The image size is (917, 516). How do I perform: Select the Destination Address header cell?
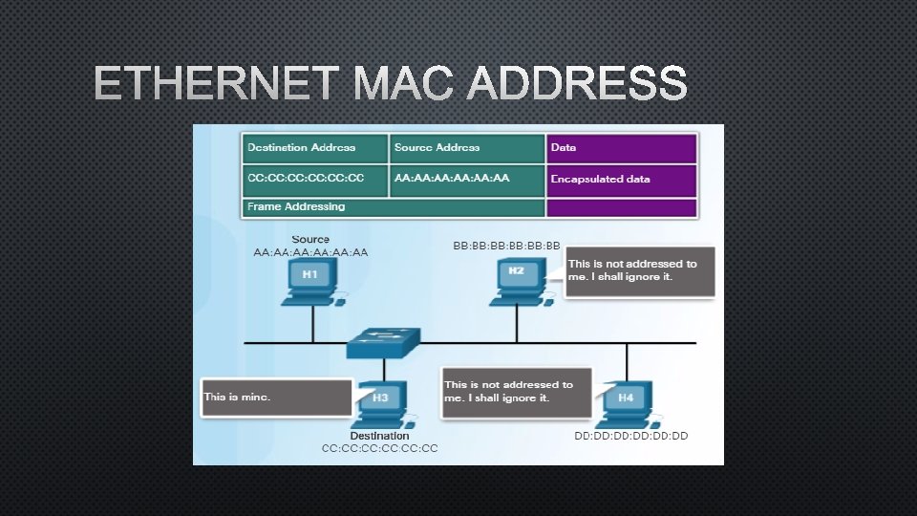[314, 148]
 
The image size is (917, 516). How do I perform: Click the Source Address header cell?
[467, 148]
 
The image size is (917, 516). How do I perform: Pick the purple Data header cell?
[621, 148]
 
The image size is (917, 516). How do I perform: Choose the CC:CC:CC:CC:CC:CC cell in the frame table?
[314, 179]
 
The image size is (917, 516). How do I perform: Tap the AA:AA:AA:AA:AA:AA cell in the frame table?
[467, 179]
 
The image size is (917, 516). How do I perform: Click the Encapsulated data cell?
[621, 179]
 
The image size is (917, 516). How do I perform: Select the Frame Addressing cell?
[393, 206]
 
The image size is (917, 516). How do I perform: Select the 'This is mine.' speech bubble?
[277, 397]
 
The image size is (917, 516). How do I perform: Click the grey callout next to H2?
[639, 271]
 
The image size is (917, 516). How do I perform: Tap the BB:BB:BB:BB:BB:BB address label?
[506, 246]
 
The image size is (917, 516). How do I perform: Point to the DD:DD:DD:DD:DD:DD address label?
[630, 436]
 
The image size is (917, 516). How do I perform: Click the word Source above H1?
[310, 239]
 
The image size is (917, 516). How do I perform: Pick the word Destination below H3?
[379, 436]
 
